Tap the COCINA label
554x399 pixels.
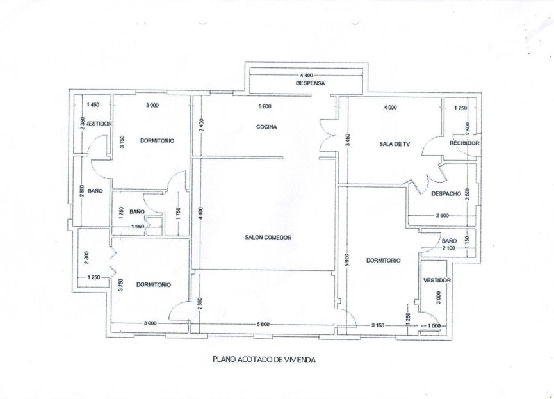pyautogui.click(x=266, y=127)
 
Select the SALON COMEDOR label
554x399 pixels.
pyautogui.click(x=268, y=238)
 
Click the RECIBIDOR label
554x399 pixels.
pyautogui.click(x=464, y=143)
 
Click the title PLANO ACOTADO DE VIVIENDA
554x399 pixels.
pyautogui.click(x=264, y=360)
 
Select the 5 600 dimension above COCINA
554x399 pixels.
pyautogui.click(x=266, y=106)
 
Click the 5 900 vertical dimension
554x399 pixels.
pyautogui.click(x=346, y=260)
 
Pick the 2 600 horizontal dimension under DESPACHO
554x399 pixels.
pyautogui.click(x=440, y=216)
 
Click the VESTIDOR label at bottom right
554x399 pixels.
pyautogui.click(x=437, y=281)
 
